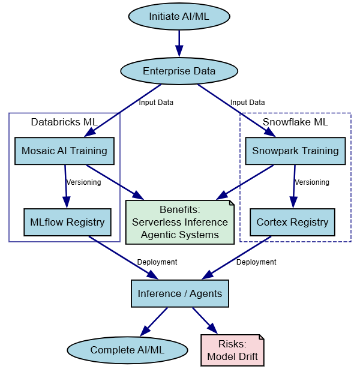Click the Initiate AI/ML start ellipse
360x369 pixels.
click(179, 16)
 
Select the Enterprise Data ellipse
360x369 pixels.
click(179, 71)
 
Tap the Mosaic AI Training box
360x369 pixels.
click(64, 151)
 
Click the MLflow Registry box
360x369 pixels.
click(67, 222)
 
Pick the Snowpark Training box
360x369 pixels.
click(295, 151)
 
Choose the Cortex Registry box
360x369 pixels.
click(292, 222)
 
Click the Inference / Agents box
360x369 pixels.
click(179, 293)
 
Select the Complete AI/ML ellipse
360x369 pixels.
click(127, 350)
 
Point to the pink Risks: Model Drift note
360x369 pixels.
click(232, 350)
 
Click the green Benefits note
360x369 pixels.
click(179, 222)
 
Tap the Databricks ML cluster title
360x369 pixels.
click(64, 122)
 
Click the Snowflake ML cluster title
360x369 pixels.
click(295, 122)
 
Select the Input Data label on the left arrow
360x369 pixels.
click(156, 103)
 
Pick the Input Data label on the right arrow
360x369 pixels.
click(247, 103)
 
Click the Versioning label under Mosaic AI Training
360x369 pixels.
click(83, 182)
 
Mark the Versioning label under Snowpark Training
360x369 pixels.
click(312, 182)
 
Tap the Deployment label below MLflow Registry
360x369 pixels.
click(157, 262)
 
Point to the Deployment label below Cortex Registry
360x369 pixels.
click(256, 262)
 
